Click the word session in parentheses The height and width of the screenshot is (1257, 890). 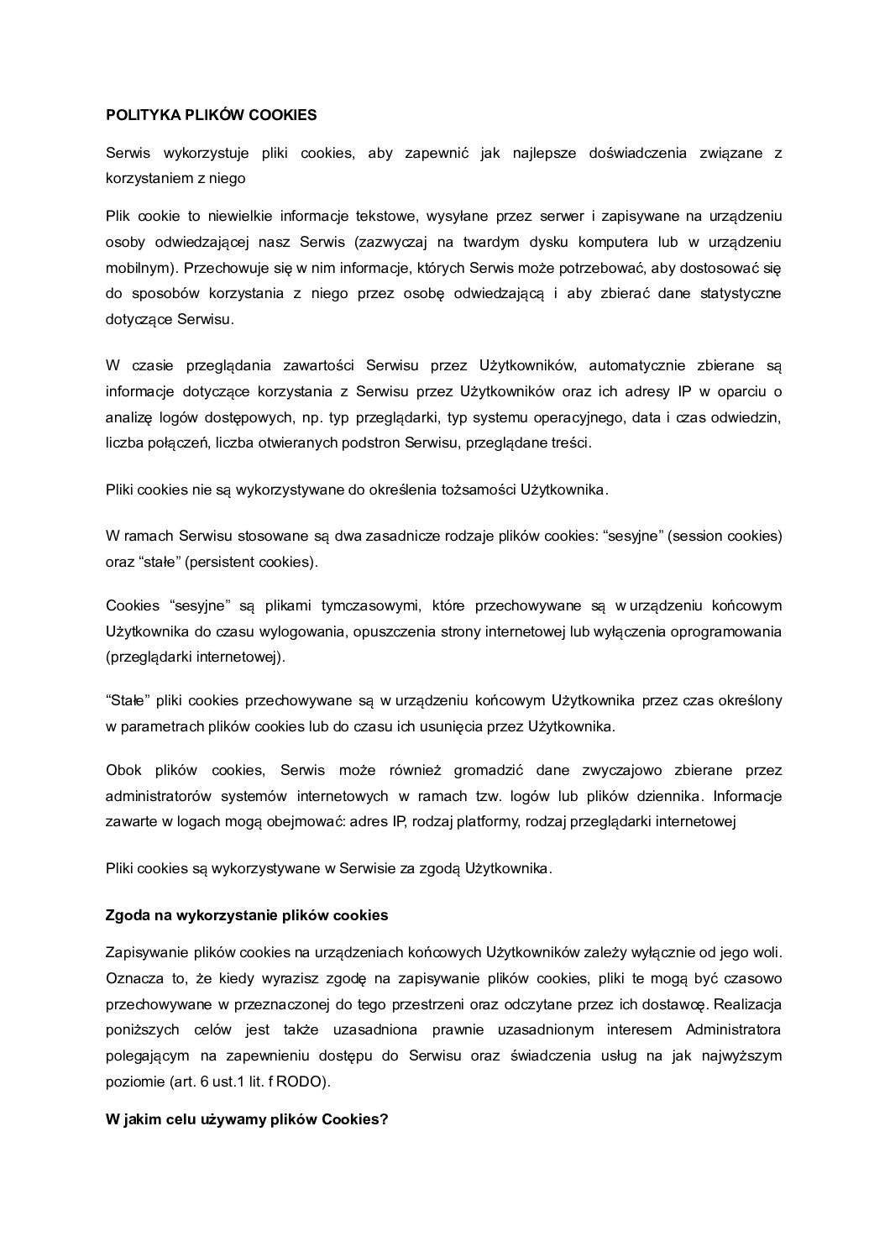(699, 536)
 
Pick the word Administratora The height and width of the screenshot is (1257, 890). (734, 1029)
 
